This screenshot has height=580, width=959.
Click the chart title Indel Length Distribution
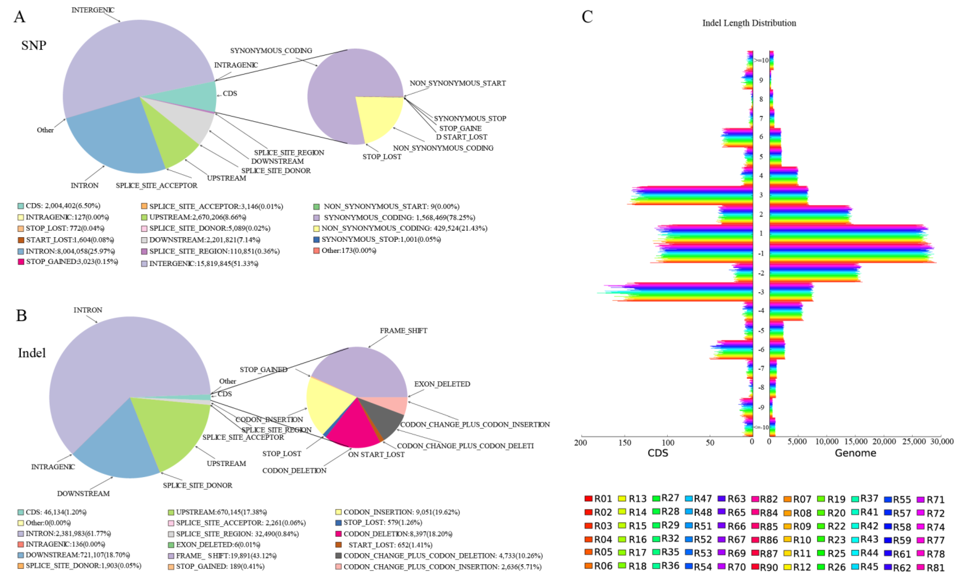[749, 23]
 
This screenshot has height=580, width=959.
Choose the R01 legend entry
[598, 499]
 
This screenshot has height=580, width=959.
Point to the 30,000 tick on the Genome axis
[942, 441]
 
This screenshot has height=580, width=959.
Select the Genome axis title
[855, 453]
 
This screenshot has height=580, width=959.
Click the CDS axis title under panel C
[658, 453]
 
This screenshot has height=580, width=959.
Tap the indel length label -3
[761, 292]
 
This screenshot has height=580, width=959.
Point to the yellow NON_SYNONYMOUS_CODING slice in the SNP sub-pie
[377, 117]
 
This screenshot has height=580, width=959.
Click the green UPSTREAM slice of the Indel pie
[171, 432]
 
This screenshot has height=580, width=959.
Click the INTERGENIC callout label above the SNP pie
[93, 10]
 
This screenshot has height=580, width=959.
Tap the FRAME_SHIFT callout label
[403, 331]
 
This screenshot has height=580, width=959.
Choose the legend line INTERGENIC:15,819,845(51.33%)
[203, 264]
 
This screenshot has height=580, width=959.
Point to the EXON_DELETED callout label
[442, 384]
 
